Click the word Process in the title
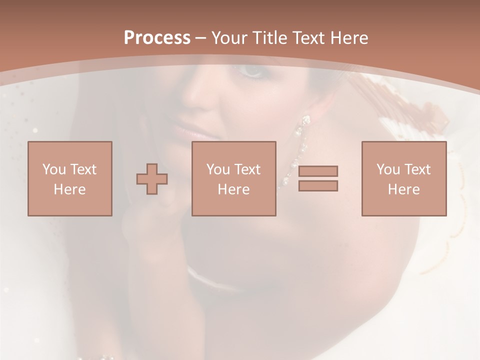pyautogui.click(x=157, y=38)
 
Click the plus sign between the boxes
pyautogui.click(x=152, y=179)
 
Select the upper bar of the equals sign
pyautogui.click(x=318, y=171)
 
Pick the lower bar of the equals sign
pyautogui.click(x=318, y=186)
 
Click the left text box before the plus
pyautogui.click(x=70, y=178)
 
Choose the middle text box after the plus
pyautogui.click(x=233, y=178)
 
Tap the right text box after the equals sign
pyautogui.click(x=404, y=178)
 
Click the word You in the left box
pyautogui.click(x=54, y=169)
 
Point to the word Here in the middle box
pyautogui.click(x=233, y=189)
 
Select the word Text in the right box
pyautogui.click(x=417, y=169)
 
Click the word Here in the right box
pyautogui.click(x=403, y=189)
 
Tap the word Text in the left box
pyautogui.click(x=83, y=169)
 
